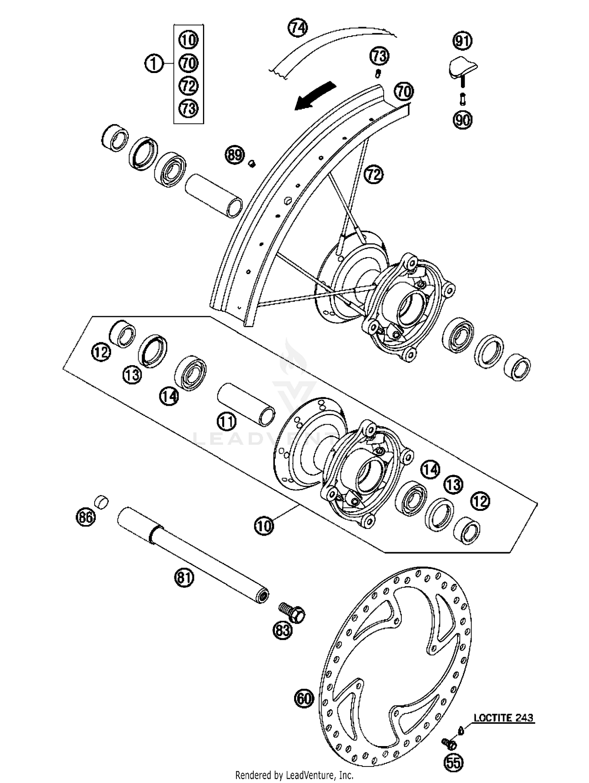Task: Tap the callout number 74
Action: pyautogui.click(x=298, y=28)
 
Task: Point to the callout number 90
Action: pyautogui.click(x=463, y=120)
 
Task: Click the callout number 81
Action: pyautogui.click(x=185, y=578)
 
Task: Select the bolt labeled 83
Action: pyautogui.click(x=293, y=613)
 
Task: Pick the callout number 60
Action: pyautogui.click(x=304, y=698)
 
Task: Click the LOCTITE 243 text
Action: pyautogui.click(x=503, y=718)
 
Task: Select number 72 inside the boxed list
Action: pyautogui.click(x=189, y=85)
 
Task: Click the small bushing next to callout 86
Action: pyautogui.click(x=102, y=502)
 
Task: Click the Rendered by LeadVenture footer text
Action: pyautogui.click(x=294, y=775)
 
